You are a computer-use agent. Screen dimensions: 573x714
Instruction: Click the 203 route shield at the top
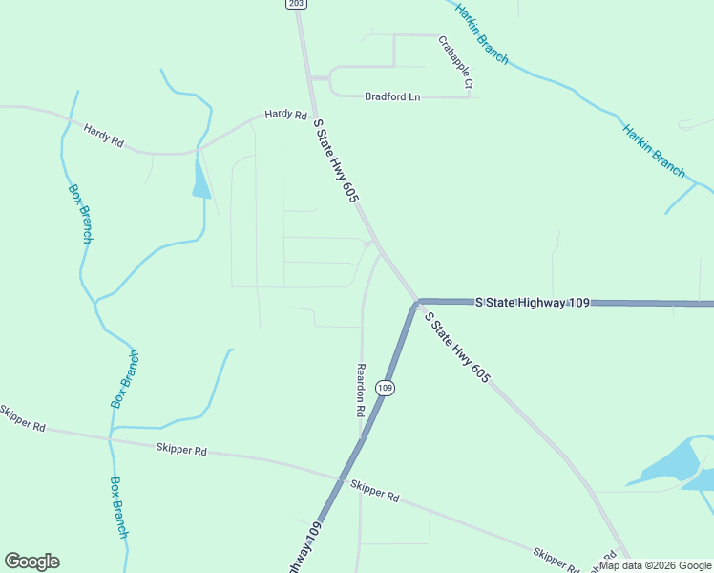click(x=297, y=4)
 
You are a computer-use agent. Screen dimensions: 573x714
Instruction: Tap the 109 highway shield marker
click(x=385, y=388)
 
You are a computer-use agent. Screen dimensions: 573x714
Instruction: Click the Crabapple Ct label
click(x=456, y=63)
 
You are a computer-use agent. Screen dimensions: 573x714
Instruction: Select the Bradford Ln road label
click(x=392, y=96)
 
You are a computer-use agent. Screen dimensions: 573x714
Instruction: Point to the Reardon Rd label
click(x=361, y=390)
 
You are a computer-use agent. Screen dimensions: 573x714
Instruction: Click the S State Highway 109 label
click(x=532, y=302)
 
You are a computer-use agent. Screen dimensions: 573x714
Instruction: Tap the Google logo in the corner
click(x=31, y=562)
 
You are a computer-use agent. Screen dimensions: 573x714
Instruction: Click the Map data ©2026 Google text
click(x=655, y=565)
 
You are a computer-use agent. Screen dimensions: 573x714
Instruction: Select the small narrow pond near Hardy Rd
click(x=200, y=179)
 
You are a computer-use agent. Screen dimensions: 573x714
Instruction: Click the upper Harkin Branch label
click(x=481, y=32)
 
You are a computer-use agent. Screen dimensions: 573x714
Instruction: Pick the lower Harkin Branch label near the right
click(x=654, y=151)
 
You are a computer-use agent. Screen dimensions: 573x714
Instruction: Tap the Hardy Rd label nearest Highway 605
click(x=285, y=115)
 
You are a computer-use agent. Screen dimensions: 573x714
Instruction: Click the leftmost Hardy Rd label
click(x=103, y=135)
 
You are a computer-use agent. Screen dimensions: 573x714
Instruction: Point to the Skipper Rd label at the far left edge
click(x=21, y=417)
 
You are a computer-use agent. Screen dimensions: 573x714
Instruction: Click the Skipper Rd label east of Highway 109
click(x=374, y=491)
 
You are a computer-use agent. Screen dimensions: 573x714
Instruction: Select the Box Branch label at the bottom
click(x=118, y=507)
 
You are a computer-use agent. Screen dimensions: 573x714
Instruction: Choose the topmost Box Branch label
click(x=80, y=212)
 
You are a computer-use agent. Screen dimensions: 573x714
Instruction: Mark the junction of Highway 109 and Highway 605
click(x=417, y=304)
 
